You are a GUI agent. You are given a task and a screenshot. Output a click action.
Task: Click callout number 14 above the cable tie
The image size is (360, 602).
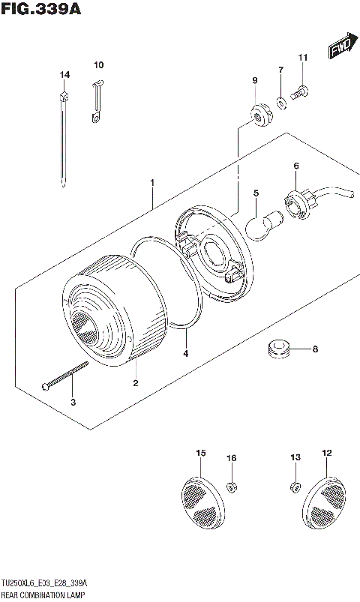(64, 74)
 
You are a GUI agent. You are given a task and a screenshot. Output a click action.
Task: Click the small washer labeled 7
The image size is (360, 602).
(280, 100)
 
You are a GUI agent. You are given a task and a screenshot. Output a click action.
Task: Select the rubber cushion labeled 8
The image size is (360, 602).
(279, 349)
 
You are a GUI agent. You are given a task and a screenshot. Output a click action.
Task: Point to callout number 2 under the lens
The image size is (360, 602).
(135, 383)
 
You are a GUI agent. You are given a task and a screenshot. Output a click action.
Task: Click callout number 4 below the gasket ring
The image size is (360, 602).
(185, 353)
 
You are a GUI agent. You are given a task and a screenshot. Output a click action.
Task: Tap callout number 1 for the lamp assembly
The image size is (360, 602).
(152, 182)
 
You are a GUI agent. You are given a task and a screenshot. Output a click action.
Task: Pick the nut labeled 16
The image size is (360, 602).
(232, 488)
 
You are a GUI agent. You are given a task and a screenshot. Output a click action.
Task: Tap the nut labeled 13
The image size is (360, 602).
(294, 488)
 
